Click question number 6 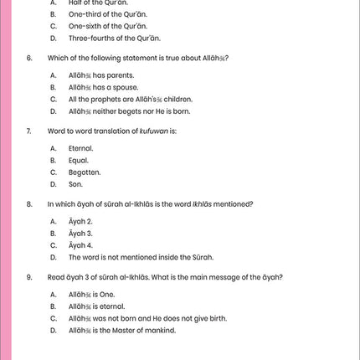29,59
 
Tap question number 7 29,131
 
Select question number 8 29,203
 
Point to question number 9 29,277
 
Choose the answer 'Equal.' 79,160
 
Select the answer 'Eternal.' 81,148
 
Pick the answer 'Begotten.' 85,172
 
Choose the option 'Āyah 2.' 80,221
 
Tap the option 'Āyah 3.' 80,233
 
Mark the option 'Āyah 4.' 80,245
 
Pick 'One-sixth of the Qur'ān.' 109,26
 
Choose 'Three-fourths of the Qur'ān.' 115,39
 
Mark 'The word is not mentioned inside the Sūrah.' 141,257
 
